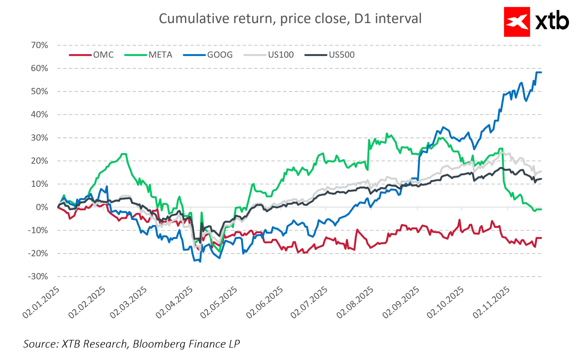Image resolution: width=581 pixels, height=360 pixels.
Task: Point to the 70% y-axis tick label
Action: (39, 45)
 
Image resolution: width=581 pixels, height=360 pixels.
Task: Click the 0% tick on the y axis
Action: (42, 207)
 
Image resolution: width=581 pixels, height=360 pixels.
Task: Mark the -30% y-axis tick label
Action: (38, 276)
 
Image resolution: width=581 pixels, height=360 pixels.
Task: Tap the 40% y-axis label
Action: (39, 115)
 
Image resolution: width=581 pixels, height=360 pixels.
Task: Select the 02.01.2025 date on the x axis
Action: (41, 302)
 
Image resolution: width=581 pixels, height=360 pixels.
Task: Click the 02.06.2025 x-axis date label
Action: (265, 302)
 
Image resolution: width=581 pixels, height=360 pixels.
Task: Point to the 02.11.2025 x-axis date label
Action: (491, 302)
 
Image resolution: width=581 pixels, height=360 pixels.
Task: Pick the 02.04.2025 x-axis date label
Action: (174, 302)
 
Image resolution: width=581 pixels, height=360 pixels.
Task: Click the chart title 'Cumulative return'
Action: (290, 19)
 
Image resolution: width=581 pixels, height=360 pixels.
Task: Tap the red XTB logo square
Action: (517, 22)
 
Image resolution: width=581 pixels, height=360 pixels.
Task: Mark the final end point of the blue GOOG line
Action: (541, 73)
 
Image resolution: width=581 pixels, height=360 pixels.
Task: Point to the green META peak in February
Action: (124, 154)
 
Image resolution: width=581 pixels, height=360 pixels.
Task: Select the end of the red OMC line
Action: (541, 238)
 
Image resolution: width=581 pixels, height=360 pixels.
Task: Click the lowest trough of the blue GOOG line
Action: (200, 262)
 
